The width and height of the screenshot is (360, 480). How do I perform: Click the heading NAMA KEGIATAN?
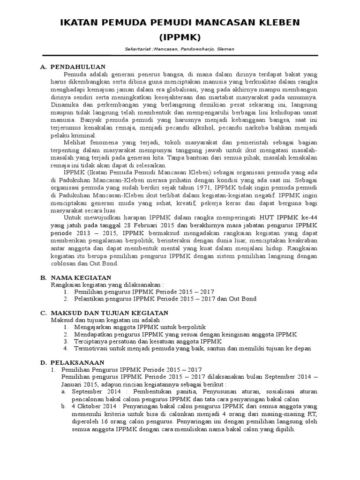(x=81, y=278)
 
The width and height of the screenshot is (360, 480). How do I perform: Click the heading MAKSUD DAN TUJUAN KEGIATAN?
(x=109, y=313)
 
